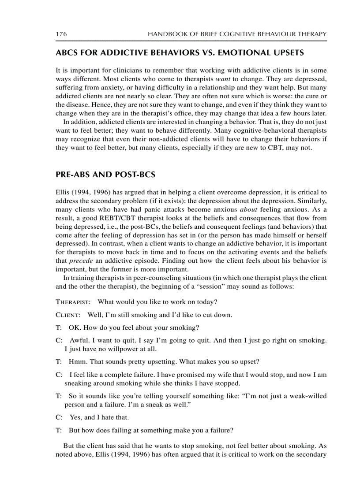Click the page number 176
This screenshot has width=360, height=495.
(x=61, y=34)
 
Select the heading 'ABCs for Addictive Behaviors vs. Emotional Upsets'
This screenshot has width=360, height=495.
(x=180, y=53)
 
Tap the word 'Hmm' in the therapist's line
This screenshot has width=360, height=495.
(x=76, y=362)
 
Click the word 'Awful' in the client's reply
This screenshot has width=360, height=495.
(x=79, y=341)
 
